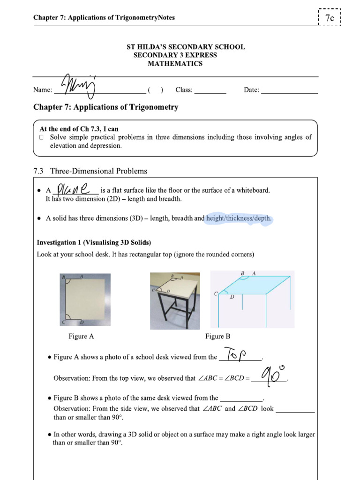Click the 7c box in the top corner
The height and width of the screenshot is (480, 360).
pyautogui.click(x=330, y=18)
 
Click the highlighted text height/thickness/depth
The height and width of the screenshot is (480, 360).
pyautogui.click(x=239, y=218)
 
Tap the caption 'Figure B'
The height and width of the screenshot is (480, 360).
pyautogui.click(x=217, y=336)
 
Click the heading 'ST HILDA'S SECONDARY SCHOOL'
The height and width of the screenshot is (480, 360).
pyautogui.click(x=186, y=47)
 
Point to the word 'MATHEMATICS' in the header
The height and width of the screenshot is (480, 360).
pyautogui.click(x=175, y=64)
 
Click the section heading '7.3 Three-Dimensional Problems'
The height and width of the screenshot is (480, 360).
pyautogui.click(x=90, y=171)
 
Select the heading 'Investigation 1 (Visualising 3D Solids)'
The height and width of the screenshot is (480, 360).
pyautogui.click(x=94, y=242)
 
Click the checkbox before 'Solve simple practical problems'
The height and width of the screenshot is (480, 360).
pyautogui.click(x=42, y=137)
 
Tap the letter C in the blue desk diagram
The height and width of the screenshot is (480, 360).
pyautogui.click(x=216, y=294)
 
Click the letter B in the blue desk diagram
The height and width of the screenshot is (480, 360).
pyautogui.click(x=242, y=273)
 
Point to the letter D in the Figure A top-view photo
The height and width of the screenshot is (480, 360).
pyautogui.click(x=82, y=322)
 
